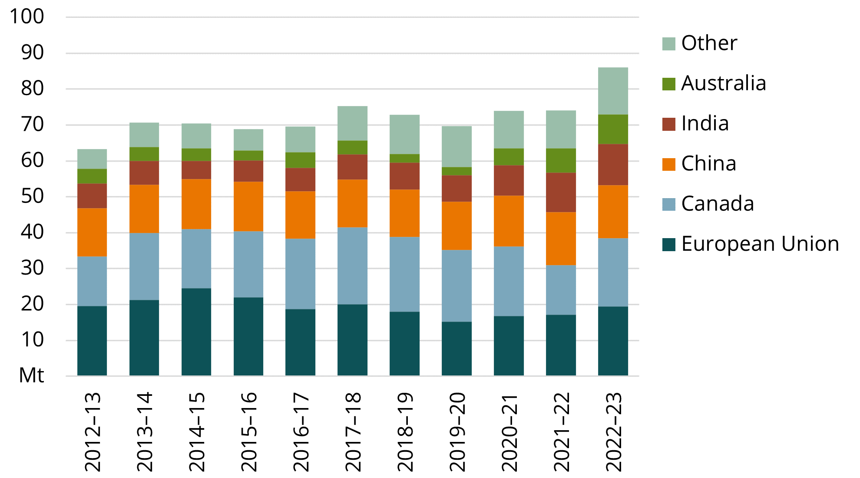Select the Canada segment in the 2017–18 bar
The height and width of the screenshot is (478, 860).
(x=352, y=266)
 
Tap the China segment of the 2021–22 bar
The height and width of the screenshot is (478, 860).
(x=561, y=239)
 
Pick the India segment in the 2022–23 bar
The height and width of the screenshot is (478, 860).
(x=613, y=165)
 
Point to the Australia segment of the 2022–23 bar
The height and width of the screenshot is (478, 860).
(x=613, y=129)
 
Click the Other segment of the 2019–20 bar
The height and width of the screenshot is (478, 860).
(x=456, y=146)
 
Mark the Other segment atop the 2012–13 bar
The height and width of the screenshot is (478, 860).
(x=92, y=159)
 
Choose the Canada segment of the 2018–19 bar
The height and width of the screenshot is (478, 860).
(x=404, y=274)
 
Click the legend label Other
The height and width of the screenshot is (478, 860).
(x=709, y=43)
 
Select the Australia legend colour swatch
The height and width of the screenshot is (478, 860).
(x=669, y=84)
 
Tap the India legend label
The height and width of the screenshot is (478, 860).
(x=705, y=123)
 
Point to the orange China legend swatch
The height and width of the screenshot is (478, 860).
(x=669, y=164)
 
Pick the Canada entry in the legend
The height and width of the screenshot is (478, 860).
(x=717, y=204)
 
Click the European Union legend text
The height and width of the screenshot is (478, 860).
(x=760, y=244)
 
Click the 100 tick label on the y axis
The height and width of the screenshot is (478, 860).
(x=27, y=17)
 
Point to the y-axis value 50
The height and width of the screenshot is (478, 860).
(x=32, y=196)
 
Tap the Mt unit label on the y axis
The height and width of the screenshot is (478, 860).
(x=32, y=375)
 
